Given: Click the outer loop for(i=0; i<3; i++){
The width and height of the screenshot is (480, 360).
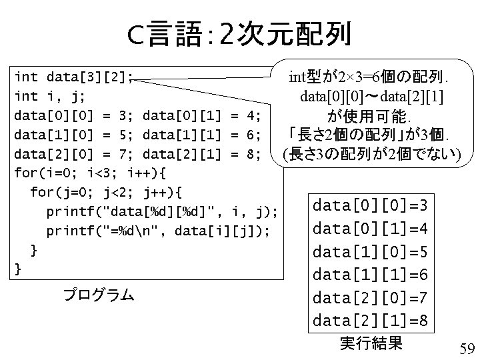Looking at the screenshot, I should coord(89,173).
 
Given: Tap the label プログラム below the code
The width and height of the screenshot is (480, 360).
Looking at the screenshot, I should coord(98,295).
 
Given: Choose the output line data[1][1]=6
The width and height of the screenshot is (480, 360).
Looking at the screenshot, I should coord(371,274).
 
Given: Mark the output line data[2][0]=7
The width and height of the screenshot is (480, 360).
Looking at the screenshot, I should coord(371,297).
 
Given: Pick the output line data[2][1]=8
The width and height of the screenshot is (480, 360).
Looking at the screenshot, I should coord(371,321).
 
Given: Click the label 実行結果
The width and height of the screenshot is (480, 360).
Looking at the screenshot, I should coord(371,343).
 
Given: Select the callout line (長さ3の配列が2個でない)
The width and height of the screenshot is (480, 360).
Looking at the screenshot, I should coord(372,155).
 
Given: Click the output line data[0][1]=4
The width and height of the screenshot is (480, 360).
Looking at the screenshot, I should coord(371,228).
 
